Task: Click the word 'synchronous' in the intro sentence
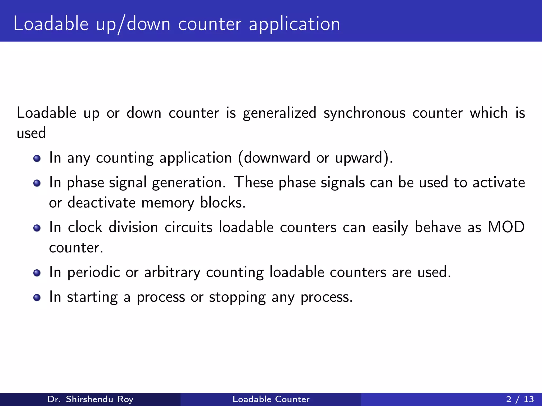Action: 364,113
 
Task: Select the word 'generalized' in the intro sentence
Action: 279,113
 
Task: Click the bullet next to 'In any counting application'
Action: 37,159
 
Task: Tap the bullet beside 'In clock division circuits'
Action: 37,228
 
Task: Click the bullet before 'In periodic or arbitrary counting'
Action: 37,273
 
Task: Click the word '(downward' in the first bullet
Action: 274,158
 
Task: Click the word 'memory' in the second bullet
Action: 168,203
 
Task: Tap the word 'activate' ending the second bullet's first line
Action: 499,183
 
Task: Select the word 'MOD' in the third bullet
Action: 506,227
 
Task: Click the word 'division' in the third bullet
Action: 133,227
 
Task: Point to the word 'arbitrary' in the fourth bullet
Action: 172,273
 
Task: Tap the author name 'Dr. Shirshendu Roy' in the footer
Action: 90,399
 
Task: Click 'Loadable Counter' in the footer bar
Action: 271,399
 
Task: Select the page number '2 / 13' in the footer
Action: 520,399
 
